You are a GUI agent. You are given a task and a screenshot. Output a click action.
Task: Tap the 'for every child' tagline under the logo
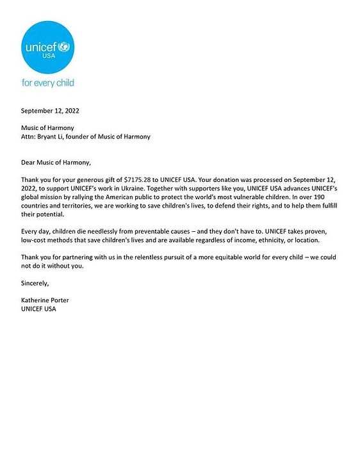(x=47, y=83)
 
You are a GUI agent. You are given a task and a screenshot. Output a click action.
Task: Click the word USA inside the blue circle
(x=48, y=56)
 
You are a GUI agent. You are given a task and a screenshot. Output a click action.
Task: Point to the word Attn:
(x=30, y=136)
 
